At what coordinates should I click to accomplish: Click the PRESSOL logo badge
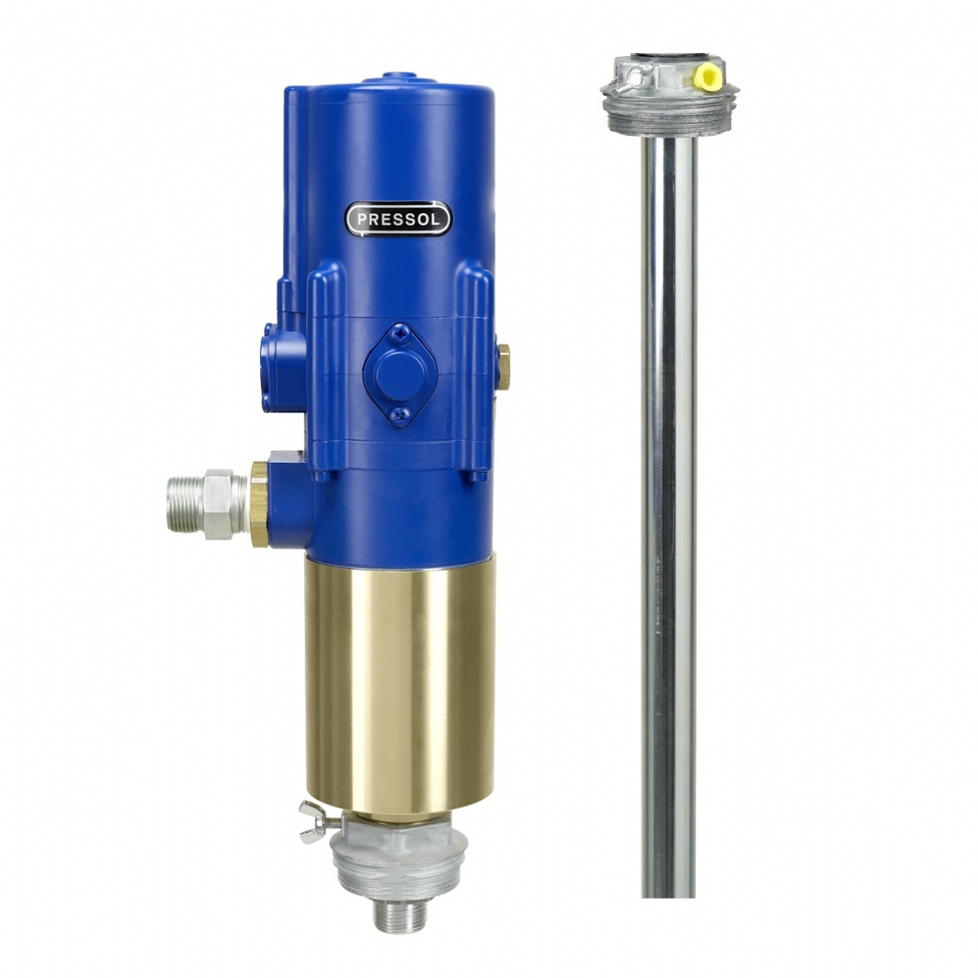click(398, 218)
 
